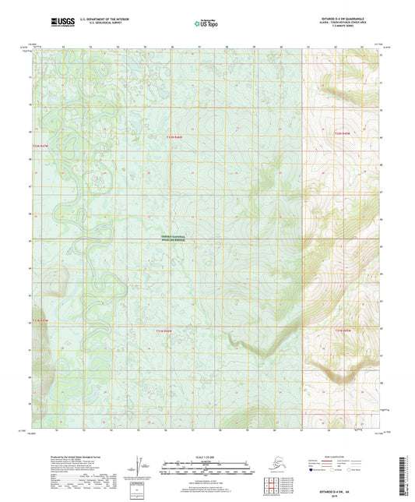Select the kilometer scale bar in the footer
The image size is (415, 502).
coord(204,463)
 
